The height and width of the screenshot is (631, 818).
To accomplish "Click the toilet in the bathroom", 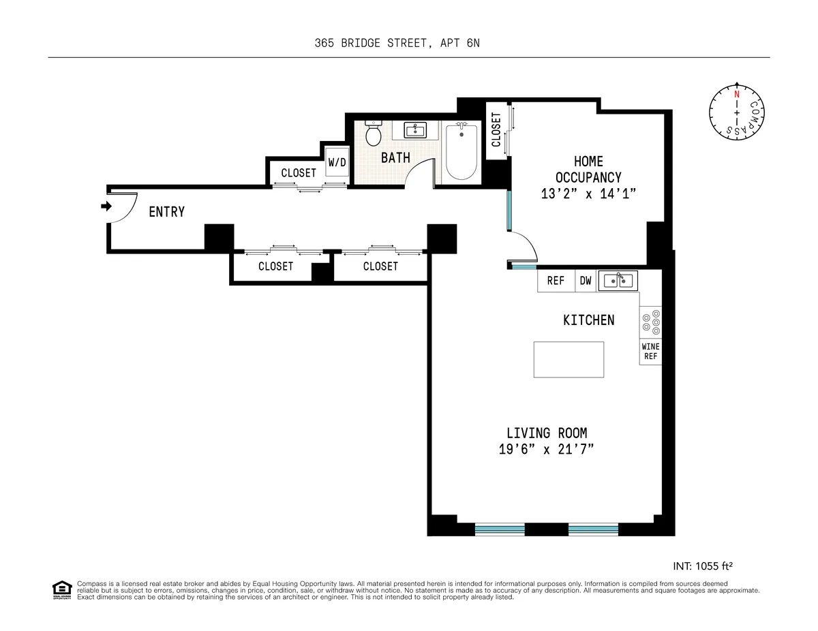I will click(373, 134).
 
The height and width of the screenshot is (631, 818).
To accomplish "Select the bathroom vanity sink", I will click(415, 129).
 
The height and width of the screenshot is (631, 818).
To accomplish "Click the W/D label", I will click(337, 163).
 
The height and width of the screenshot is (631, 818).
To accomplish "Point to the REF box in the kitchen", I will click(556, 281).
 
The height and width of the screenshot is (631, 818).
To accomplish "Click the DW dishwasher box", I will click(586, 281).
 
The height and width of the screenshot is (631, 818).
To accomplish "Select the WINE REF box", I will click(650, 352).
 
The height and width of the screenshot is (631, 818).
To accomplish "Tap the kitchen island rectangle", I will click(569, 359).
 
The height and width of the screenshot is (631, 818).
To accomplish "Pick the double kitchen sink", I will click(618, 280).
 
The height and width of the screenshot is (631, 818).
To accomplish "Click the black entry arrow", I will click(106, 206).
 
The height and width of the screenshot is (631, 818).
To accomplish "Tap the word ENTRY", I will click(167, 212).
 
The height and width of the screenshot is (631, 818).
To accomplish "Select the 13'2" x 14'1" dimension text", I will click(588, 194).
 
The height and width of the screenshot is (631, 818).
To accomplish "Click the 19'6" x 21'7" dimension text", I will click(547, 449).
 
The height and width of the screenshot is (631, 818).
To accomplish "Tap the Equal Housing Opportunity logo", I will click(62, 590).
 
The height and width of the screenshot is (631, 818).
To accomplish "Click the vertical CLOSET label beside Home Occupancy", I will click(496, 129).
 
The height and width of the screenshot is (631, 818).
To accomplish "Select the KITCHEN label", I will click(588, 320).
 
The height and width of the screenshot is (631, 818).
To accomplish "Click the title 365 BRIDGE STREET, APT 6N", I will click(402, 44).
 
